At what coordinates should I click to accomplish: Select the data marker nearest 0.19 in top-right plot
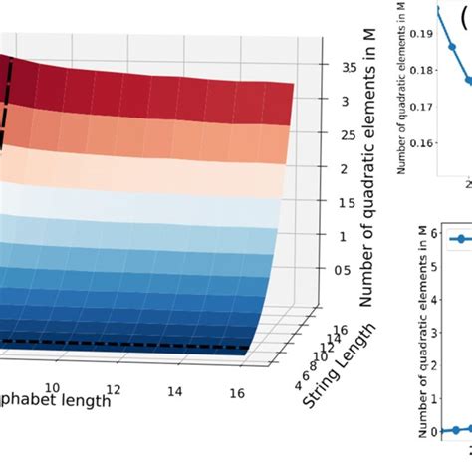coord(452,45)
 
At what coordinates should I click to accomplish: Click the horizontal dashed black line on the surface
coord(149,347)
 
